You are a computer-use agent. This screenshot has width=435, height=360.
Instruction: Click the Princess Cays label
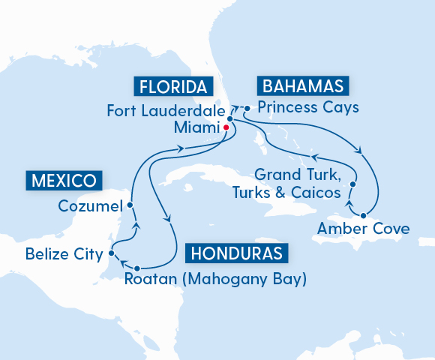[x=307, y=106]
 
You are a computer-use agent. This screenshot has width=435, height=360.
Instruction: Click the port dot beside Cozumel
[x=130, y=205]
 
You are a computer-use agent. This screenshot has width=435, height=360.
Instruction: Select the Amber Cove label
[x=364, y=228]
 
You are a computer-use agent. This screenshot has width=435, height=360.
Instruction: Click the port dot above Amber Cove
[x=363, y=214]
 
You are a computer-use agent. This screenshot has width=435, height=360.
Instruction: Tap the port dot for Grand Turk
[x=352, y=184]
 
